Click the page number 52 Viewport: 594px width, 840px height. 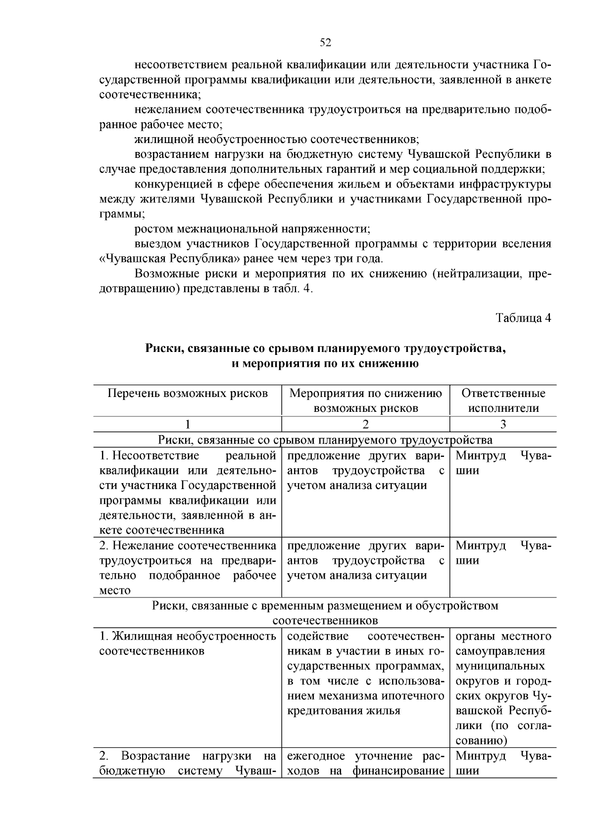tap(325, 43)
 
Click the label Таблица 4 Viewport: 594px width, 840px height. tap(523, 318)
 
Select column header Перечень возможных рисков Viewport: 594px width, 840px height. tap(188, 394)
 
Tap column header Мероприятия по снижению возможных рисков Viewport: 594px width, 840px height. tap(365, 400)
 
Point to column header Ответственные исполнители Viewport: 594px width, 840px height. tap(503, 400)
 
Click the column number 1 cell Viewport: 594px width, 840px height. tap(188, 424)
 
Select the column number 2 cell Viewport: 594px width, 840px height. tap(365, 424)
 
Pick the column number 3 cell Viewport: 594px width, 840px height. tap(503, 424)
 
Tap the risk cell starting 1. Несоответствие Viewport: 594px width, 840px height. tap(188, 493)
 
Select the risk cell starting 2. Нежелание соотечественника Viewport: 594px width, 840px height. tap(188, 567)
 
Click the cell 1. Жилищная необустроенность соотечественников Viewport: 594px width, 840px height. tap(188, 643)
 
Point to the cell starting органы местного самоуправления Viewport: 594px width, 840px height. tap(503, 688)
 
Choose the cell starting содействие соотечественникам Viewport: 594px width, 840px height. tap(365, 673)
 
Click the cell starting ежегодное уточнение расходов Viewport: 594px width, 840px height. tap(365, 763)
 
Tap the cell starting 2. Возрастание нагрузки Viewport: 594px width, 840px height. tap(188, 763)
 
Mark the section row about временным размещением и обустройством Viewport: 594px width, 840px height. tap(325, 613)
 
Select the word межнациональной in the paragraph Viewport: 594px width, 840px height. tap(228, 229)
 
